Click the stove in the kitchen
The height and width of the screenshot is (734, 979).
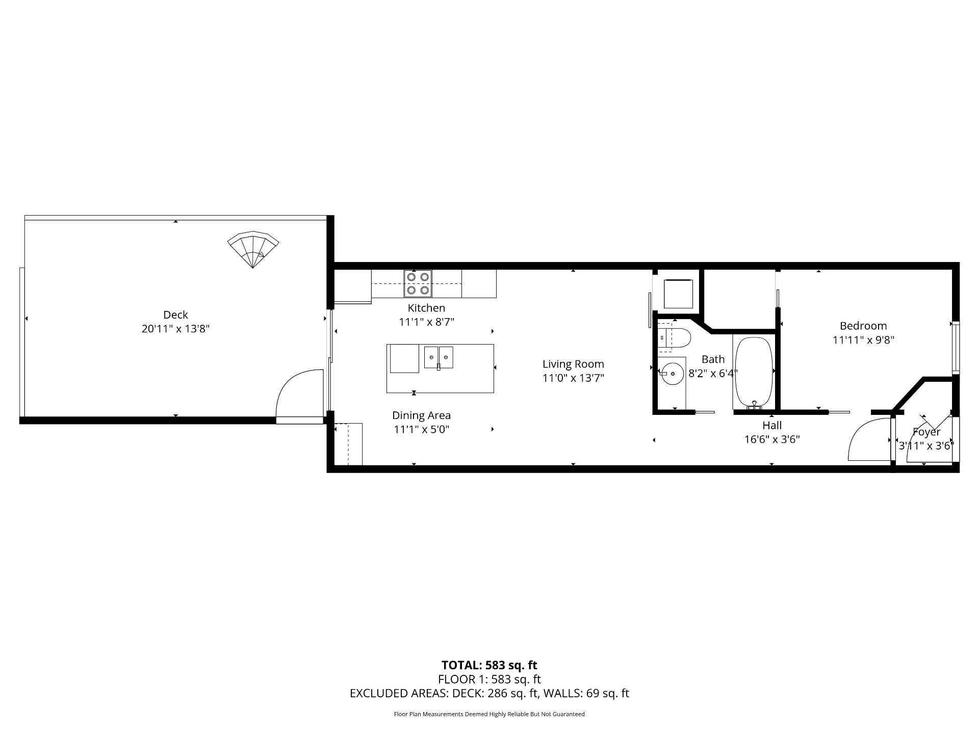click(418, 284)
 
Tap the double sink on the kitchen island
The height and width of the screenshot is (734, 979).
click(439, 357)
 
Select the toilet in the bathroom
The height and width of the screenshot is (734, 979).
click(674, 337)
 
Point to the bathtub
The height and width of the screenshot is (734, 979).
click(754, 373)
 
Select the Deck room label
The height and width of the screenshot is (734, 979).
click(176, 315)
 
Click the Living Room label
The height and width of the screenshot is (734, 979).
click(573, 364)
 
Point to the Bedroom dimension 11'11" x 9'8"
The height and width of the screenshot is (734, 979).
click(863, 340)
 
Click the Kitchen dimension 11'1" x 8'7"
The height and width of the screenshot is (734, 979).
click(426, 322)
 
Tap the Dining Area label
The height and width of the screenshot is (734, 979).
click(421, 415)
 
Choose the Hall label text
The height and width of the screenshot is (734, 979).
click(772, 425)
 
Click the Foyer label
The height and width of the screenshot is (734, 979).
click(926, 432)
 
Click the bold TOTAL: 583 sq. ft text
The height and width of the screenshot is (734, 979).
click(489, 665)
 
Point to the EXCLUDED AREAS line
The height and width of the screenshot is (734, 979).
click(489, 693)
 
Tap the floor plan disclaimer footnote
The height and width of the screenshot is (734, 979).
click(489, 714)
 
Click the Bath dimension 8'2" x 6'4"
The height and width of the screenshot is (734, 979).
click(713, 373)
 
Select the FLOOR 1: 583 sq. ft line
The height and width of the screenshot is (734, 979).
click(489, 679)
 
